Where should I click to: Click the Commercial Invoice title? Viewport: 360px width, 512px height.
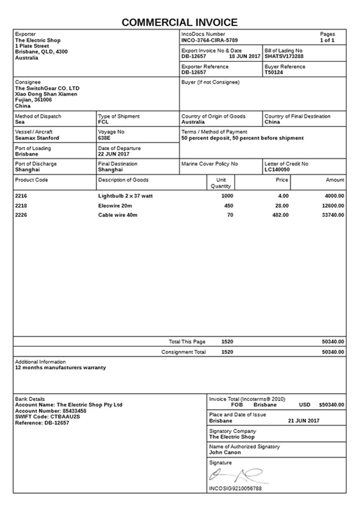(x=180, y=23)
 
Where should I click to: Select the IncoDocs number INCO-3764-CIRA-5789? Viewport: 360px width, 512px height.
(x=209, y=40)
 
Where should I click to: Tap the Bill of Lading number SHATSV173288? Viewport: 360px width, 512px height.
(x=284, y=56)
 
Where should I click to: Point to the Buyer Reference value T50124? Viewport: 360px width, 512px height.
(x=274, y=72)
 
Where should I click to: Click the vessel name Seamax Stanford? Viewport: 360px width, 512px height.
(x=37, y=138)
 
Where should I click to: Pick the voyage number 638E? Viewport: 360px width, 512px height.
(x=104, y=138)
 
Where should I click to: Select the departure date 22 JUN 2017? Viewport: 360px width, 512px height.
(x=114, y=154)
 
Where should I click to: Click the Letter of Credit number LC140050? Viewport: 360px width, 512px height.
(x=277, y=169)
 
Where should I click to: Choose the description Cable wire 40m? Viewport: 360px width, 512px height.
(x=118, y=215)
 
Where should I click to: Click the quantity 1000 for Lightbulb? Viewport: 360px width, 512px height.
(x=227, y=196)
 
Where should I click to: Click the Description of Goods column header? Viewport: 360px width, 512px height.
(x=123, y=180)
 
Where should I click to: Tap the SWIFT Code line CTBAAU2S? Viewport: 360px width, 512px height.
(x=48, y=417)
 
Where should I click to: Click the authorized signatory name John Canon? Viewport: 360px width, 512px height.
(x=225, y=453)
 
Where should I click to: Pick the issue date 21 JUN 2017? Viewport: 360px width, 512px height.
(x=304, y=420)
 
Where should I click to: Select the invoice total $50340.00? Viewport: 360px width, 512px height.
(x=331, y=405)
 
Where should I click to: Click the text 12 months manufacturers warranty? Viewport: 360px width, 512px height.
(x=60, y=368)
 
